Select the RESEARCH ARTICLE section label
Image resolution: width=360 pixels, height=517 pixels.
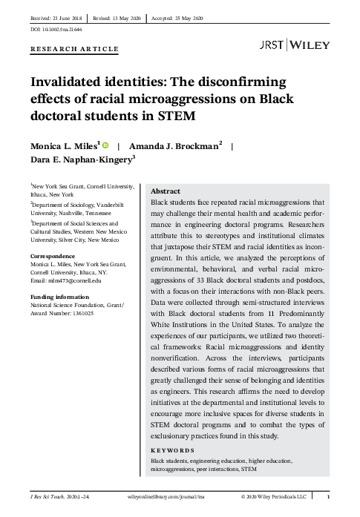pyautogui.click(x=74, y=49)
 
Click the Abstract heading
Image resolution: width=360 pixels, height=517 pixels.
pyautogui.click(x=166, y=191)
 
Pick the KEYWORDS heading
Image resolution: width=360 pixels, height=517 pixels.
pyautogui.click(x=173, y=450)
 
